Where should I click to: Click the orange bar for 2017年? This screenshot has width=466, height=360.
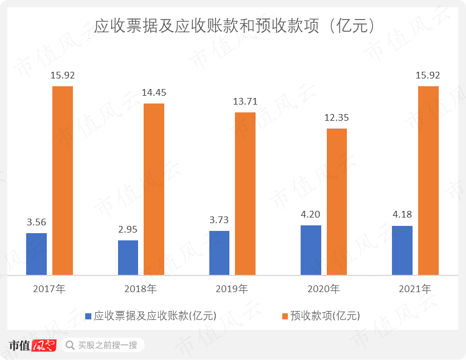[62, 180]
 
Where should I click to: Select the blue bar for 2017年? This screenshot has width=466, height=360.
[36, 254]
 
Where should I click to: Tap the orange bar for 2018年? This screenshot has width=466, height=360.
[154, 189]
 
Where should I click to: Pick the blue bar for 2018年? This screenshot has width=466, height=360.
[128, 258]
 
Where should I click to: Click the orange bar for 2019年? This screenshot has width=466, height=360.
[245, 194]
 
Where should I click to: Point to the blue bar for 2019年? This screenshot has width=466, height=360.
[219, 253]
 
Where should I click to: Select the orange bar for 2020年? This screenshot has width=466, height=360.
[336, 201]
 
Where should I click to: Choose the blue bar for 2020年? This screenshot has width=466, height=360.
[311, 250]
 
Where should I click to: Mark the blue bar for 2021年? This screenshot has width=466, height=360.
[402, 250]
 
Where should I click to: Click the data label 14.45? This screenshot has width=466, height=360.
[154, 92]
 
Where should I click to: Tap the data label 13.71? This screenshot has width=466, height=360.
[245, 101]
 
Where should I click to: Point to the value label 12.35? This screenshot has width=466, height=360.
[336, 117]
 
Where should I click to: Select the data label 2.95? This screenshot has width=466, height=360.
[128, 229]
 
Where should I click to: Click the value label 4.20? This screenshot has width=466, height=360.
[311, 214]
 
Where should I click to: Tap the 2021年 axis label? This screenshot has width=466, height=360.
[415, 289]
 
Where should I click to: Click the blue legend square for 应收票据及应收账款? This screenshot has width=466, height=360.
[88, 316]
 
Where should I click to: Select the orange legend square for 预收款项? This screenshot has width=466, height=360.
[285, 316]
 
